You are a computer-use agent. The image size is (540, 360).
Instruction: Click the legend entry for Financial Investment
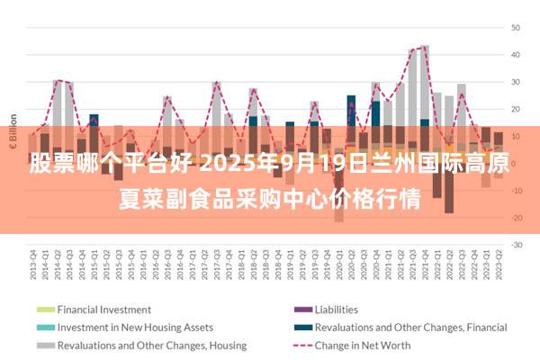(103, 310)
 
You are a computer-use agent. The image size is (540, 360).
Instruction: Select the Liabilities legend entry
(337, 310)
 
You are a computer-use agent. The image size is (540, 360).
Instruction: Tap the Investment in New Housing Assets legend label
(135, 328)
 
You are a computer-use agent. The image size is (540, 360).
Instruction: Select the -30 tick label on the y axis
(517, 245)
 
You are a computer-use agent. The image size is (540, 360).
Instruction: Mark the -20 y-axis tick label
(517, 218)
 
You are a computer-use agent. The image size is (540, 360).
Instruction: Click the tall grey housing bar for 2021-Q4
(425, 81)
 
